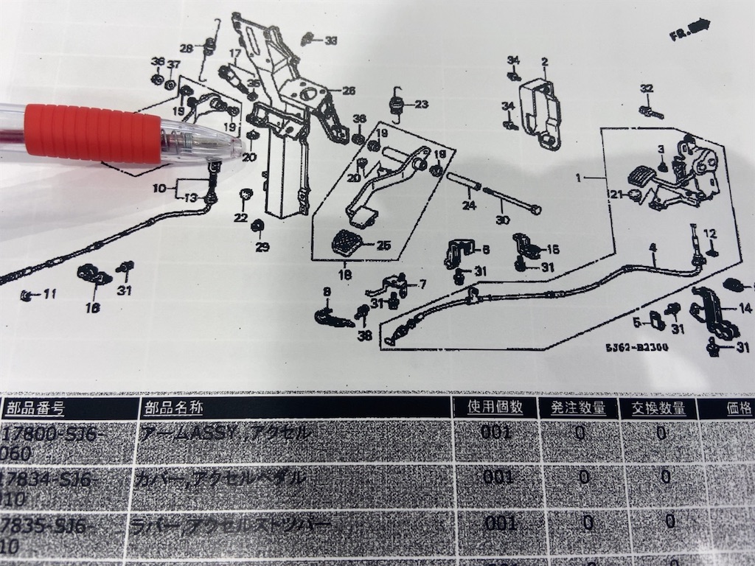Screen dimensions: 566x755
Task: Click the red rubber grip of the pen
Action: [92, 132]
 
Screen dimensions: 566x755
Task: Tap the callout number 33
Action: [330, 40]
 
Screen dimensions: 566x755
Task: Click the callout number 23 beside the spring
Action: [421, 104]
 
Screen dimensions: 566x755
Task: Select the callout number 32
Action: [647, 88]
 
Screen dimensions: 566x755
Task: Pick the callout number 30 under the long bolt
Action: [503, 220]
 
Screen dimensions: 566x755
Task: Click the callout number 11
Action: [49, 295]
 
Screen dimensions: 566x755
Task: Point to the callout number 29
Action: [262, 247]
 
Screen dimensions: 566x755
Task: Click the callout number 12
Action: [709, 234]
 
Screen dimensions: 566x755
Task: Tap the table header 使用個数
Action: [495, 406]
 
